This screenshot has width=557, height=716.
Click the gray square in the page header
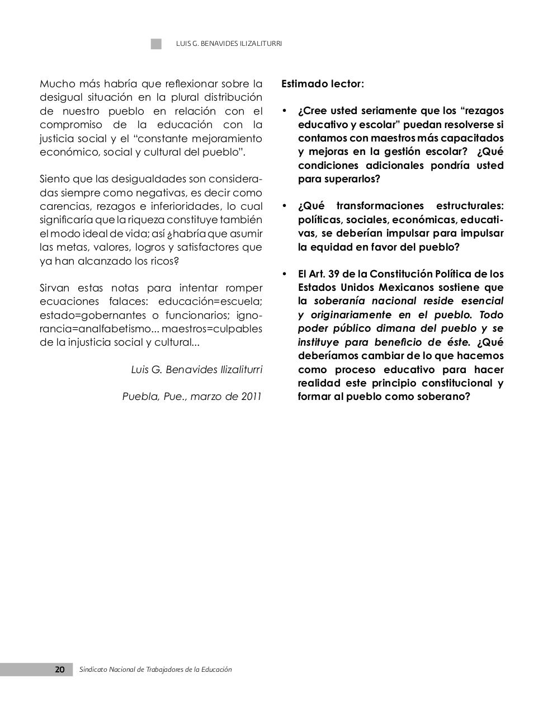[156, 44]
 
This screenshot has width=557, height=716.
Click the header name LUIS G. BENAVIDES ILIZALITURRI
[229, 44]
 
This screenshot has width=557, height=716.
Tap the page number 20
[59, 670]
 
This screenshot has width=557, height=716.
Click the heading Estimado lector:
[322, 84]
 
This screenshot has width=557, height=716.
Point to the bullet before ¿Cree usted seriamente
[285, 111]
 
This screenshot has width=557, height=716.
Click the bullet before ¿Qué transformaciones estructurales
[285, 206]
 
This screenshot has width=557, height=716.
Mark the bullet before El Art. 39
[285, 274]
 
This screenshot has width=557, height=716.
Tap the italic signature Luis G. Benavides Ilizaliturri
[196, 370]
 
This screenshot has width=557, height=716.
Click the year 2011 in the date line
[251, 397]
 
